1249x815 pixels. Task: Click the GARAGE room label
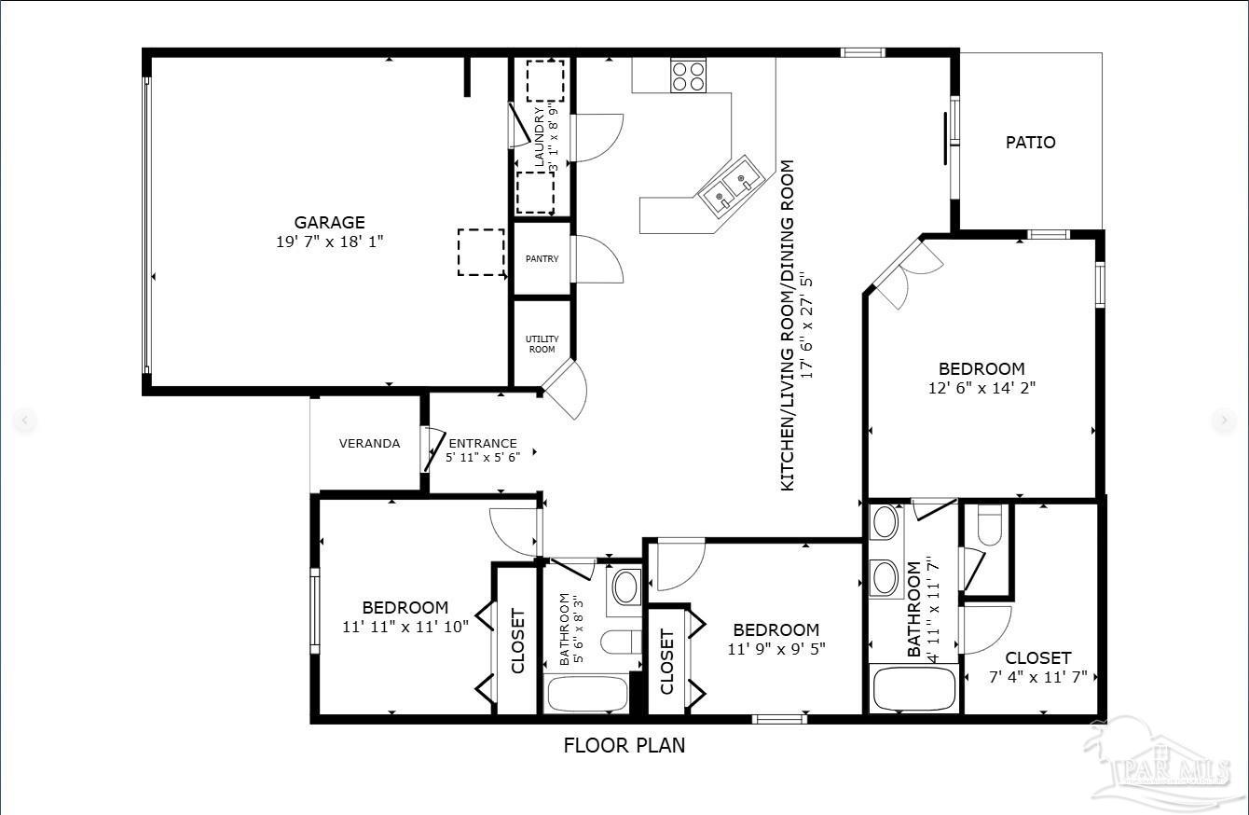[329, 222]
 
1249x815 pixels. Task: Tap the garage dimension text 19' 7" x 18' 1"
[329, 242]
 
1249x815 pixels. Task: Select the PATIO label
[1030, 143]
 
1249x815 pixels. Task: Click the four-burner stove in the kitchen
[688, 76]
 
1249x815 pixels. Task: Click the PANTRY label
[542, 258]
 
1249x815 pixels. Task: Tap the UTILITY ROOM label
[542, 344]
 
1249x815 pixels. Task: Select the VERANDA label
[369, 443]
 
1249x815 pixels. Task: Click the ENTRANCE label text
[482, 444]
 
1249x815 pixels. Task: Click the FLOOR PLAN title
[624, 745]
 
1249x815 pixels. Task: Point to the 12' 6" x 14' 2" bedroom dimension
[981, 388]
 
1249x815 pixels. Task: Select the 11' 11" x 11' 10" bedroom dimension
[405, 627]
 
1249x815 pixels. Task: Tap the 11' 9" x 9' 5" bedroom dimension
[775, 649]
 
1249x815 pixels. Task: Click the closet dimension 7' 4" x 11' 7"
[1037, 677]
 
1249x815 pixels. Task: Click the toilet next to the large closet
[988, 525]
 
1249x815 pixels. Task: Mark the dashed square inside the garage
[480, 252]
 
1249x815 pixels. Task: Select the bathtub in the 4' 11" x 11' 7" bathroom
[914, 688]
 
